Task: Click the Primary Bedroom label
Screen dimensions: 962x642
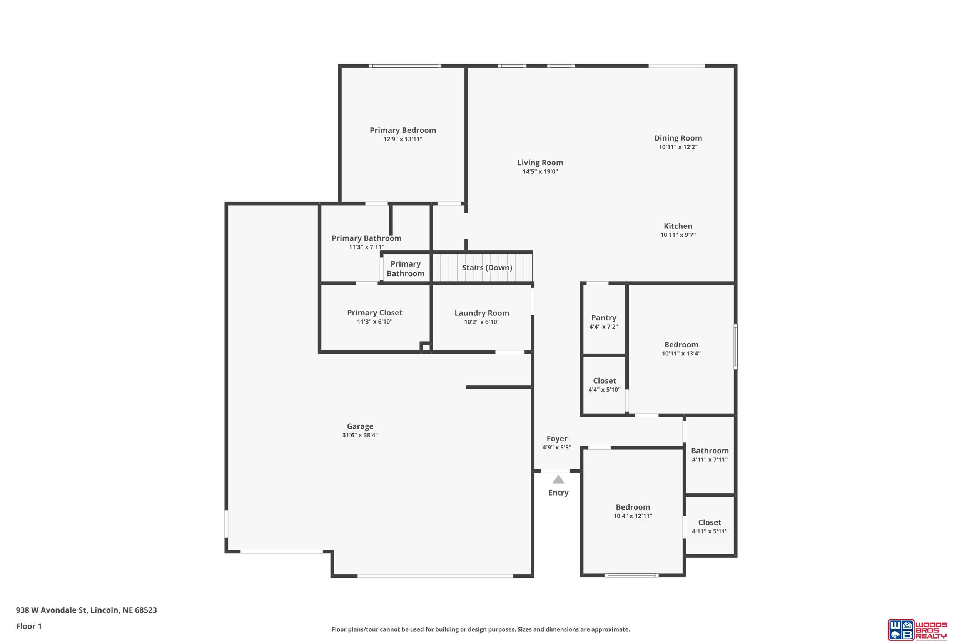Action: coord(403,130)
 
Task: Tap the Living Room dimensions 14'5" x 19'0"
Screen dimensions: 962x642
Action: coord(540,171)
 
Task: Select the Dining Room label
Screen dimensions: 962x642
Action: coord(678,138)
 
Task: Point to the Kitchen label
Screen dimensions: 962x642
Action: coord(678,226)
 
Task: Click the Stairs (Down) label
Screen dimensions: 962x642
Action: coord(487,268)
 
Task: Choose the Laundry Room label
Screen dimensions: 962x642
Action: coord(482,313)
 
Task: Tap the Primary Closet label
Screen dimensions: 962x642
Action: coord(375,313)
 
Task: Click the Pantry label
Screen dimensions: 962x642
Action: coord(603,318)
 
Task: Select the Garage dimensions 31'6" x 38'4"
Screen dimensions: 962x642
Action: coord(360,435)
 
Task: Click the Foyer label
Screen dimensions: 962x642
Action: coord(557,439)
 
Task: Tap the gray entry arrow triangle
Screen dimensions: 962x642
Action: coord(558,479)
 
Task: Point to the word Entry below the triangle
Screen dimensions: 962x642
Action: coord(558,493)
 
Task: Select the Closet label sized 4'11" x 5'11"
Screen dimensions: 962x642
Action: coord(710,523)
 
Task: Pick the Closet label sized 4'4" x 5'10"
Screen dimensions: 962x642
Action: coord(604,381)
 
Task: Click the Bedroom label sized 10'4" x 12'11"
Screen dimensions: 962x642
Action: coord(633,507)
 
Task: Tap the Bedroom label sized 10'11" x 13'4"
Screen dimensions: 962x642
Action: coord(681,345)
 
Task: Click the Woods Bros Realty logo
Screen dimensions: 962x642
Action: coord(917,629)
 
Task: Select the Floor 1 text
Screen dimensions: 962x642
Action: coord(28,626)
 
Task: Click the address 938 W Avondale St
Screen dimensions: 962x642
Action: coord(51,610)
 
